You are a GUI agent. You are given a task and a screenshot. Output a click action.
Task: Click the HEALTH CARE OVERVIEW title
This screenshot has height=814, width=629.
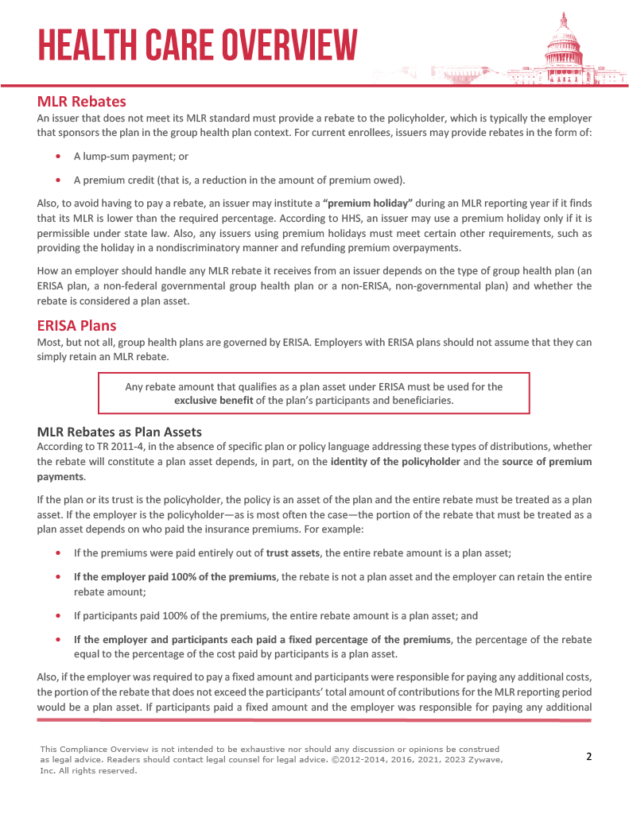coord(198,45)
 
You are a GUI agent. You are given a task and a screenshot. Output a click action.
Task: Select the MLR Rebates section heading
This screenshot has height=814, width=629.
coord(81,102)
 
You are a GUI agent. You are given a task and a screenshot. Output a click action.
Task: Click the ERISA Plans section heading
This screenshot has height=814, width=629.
coord(76,326)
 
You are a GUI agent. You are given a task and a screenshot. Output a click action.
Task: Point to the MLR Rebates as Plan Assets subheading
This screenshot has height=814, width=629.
coord(119,432)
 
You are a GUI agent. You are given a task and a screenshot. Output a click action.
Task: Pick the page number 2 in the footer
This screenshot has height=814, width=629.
coord(588,756)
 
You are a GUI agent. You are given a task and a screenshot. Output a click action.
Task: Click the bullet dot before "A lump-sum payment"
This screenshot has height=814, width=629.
coord(60,157)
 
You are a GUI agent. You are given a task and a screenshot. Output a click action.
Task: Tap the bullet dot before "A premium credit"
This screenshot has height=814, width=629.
coord(60,179)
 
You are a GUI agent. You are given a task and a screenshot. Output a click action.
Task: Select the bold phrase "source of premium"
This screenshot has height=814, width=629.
coord(546,462)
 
